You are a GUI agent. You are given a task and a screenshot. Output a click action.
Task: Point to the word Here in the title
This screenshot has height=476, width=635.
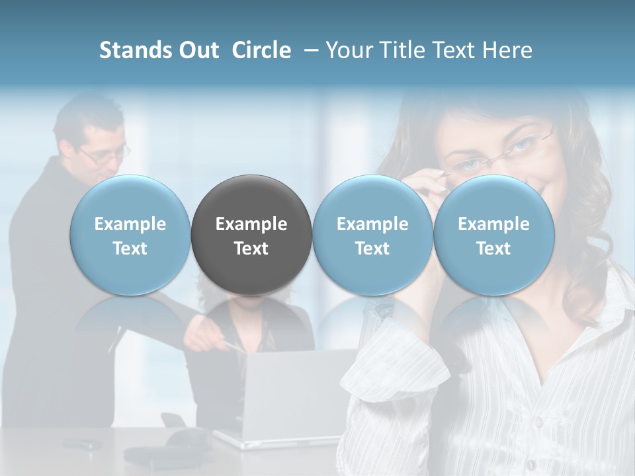click(508, 50)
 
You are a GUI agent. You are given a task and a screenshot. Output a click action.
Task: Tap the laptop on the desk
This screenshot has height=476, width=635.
click(284, 397)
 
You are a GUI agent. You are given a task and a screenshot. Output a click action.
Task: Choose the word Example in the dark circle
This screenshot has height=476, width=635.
click(251, 224)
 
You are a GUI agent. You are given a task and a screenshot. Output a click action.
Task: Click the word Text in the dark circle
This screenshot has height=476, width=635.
click(251, 249)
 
